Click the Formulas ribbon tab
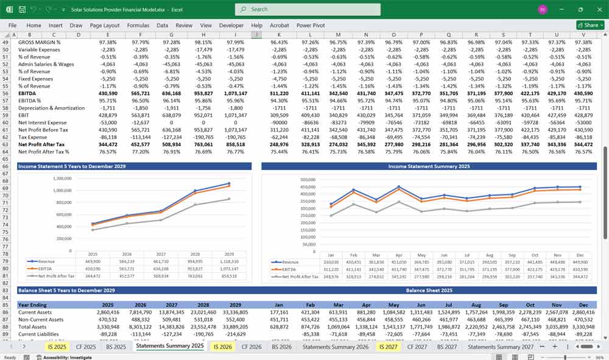pos(138,26)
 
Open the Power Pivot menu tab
pos(311,26)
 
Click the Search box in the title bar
pos(308,9)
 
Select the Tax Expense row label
pos(34,137)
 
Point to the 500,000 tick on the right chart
pos(308,180)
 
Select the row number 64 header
pos(5,151)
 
